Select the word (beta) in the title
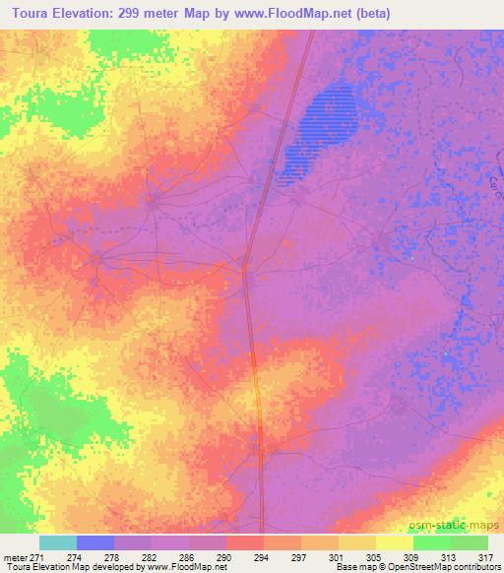pos(367,13)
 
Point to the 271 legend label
pos(36,556)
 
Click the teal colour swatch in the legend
pos(58,542)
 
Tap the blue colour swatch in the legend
pos(95,542)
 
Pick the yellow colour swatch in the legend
pos(394,542)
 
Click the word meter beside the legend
pos(13,556)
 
